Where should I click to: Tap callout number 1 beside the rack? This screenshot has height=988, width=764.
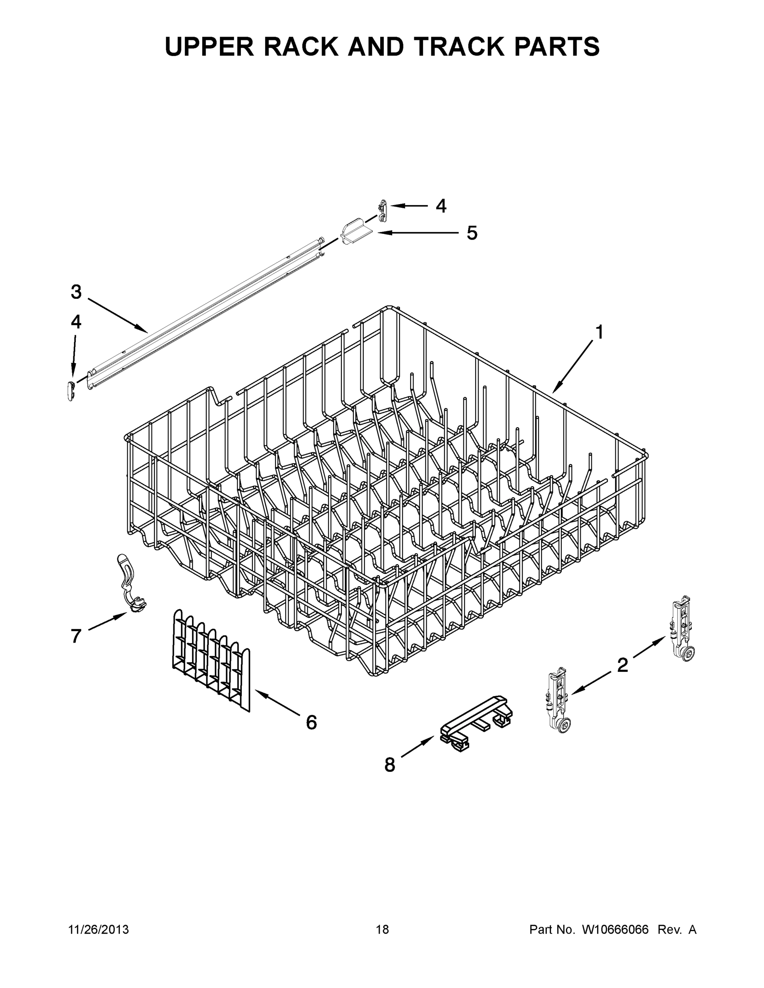[x=599, y=333]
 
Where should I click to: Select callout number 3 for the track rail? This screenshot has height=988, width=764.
[x=76, y=292]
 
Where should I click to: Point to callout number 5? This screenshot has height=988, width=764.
[x=472, y=233]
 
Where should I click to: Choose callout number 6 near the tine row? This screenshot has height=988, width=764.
[x=311, y=722]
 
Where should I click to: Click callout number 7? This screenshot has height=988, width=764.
[x=76, y=636]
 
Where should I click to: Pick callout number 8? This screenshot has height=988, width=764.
[x=390, y=765]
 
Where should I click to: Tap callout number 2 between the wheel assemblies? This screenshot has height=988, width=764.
[x=622, y=665]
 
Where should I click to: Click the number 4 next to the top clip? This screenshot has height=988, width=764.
[x=441, y=206]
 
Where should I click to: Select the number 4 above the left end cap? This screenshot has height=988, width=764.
[x=76, y=322]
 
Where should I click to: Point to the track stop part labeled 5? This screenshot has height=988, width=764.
[x=355, y=234]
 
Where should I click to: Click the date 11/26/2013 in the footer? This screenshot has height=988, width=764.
[x=98, y=930]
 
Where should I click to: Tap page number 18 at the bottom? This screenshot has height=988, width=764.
[x=382, y=930]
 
